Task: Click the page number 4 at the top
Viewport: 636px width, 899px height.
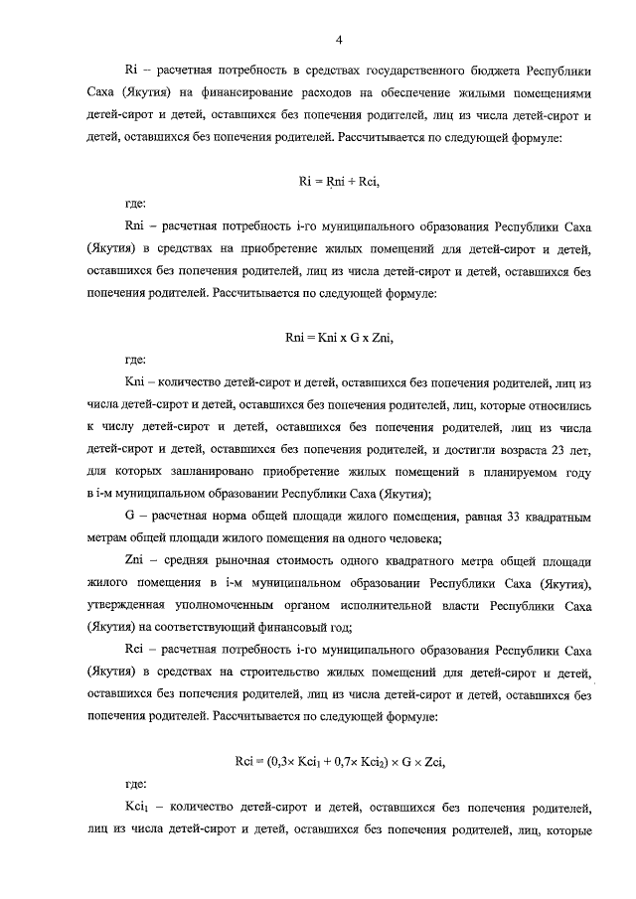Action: click(339, 41)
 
